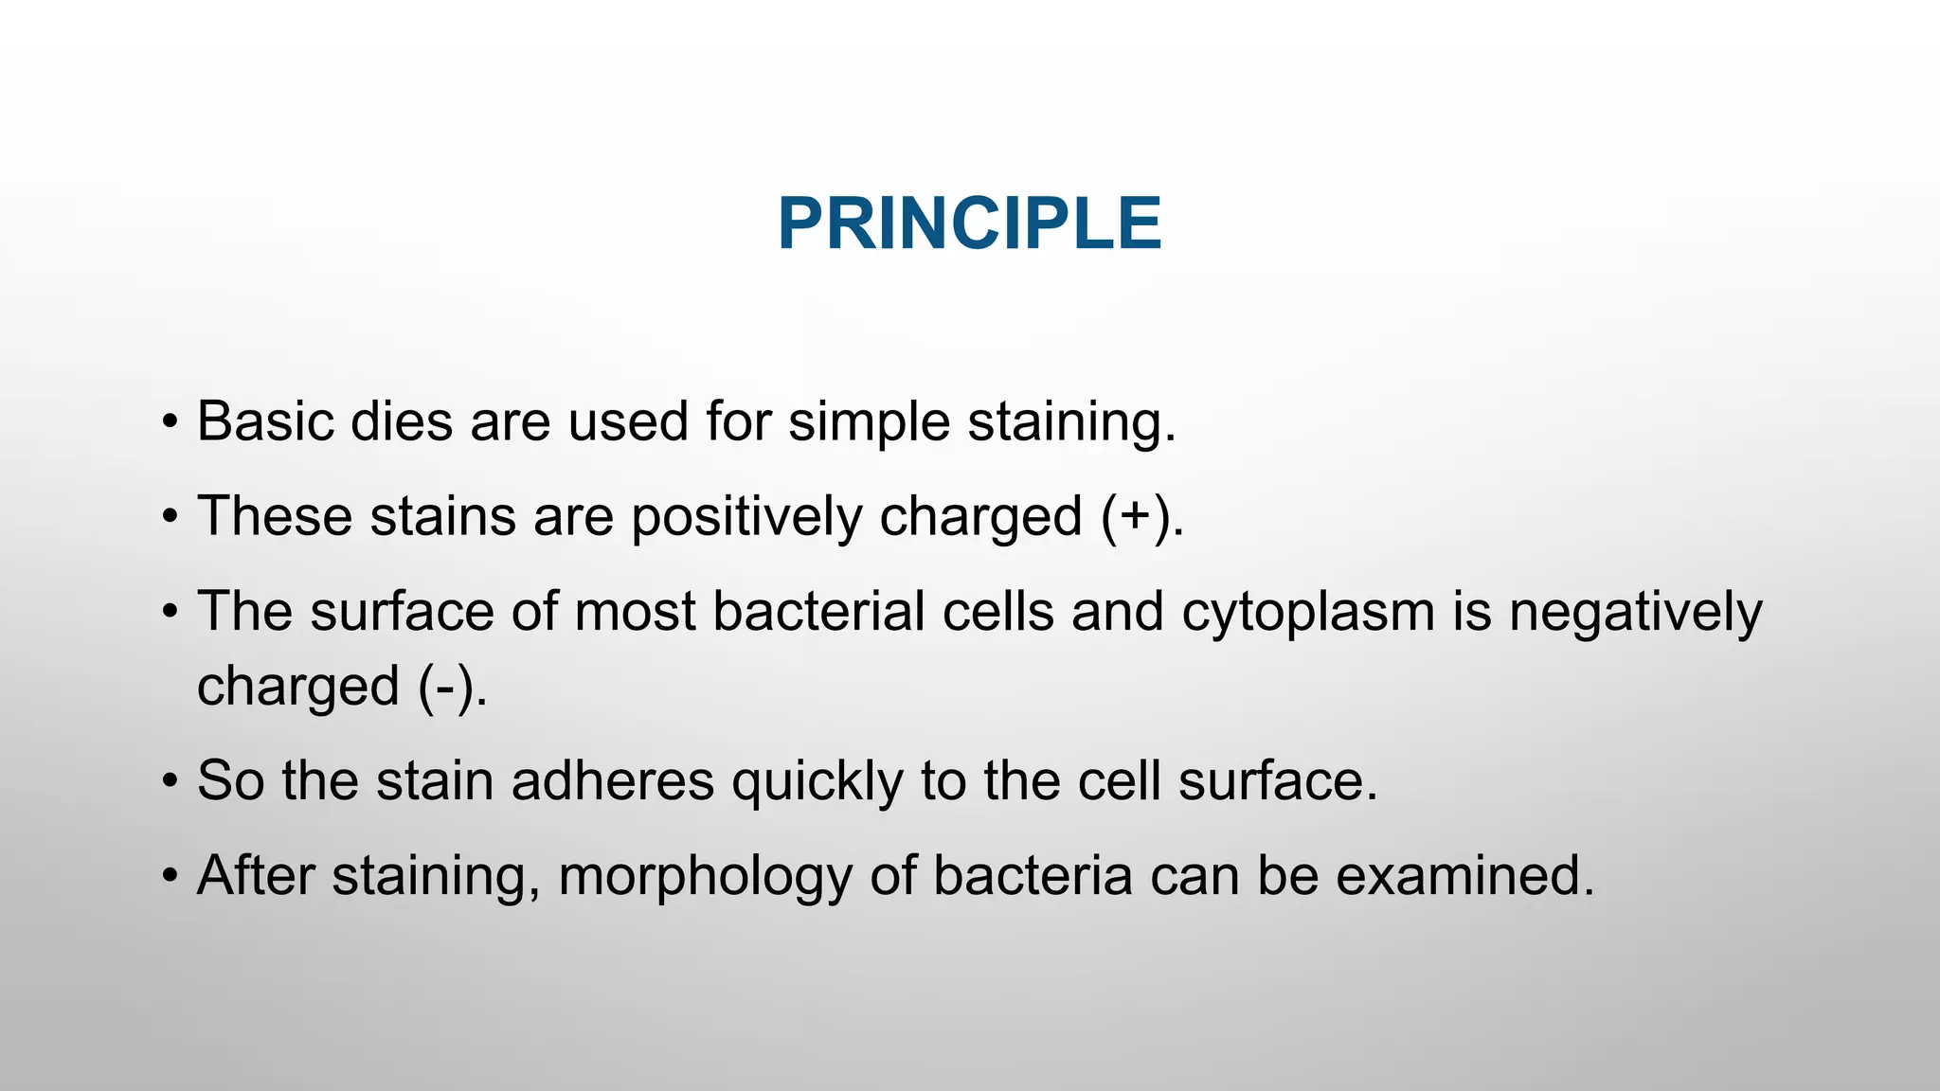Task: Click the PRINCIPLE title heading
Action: (969, 224)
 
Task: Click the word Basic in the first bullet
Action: (264, 421)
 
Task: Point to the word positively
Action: (746, 518)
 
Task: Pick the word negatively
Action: (1635, 613)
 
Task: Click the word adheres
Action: (612, 781)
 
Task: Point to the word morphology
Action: (705, 876)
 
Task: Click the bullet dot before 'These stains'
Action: (170, 517)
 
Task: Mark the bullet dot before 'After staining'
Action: (170, 876)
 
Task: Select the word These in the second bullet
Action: (274, 516)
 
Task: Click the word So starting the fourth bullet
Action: (230, 781)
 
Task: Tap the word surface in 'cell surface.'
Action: (1276, 781)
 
